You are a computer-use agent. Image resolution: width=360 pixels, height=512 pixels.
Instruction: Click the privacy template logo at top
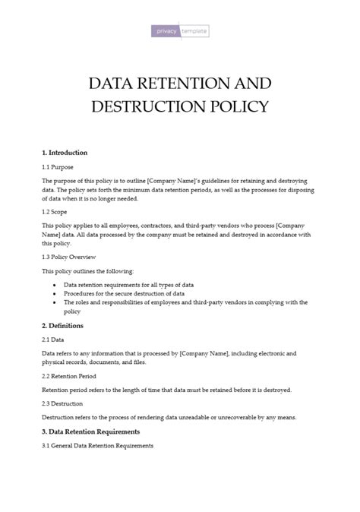tap(180, 31)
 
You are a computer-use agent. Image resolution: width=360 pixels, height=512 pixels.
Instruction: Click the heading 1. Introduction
tap(65, 153)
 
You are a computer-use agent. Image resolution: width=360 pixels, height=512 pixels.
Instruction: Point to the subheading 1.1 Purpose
tap(58, 166)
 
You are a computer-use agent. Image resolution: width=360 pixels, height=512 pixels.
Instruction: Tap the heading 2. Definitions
tap(62, 326)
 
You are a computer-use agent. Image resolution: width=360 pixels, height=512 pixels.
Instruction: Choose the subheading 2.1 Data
tap(53, 340)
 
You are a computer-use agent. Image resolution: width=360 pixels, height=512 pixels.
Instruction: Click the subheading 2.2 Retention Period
tap(68, 376)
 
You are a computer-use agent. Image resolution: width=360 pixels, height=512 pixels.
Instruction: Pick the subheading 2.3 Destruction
tap(62, 403)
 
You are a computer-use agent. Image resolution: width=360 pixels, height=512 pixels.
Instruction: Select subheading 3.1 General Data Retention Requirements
tap(97, 444)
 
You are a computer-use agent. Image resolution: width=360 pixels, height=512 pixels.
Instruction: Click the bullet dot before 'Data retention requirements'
tap(54, 285)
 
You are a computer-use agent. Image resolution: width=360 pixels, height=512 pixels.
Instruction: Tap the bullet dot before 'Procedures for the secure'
tap(54, 293)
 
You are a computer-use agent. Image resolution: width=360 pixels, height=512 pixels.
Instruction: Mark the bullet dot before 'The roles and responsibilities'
tap(54, 302)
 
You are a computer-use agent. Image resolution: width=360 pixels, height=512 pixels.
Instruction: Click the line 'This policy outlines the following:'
tap(87, 271)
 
